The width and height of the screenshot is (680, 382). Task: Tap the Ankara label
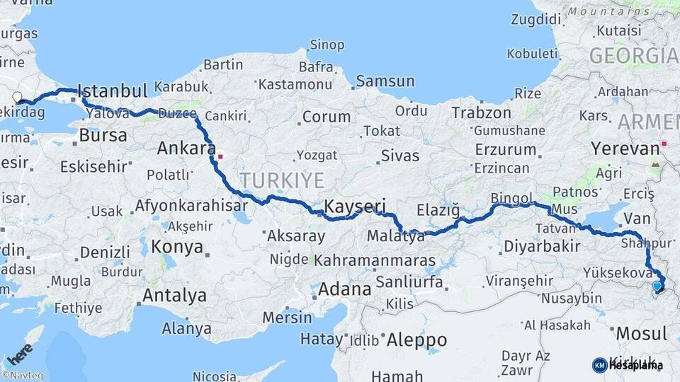pos(186,149)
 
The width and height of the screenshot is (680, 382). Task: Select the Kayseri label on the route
pos(355,207)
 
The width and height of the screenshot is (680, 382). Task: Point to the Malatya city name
pos(396,236)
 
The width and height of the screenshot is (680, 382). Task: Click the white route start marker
pos(17,98)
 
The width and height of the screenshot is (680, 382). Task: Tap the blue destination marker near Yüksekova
pos(658,286)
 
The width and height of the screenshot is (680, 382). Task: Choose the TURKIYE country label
pos(281,179)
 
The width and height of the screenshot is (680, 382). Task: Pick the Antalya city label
pos(174,295)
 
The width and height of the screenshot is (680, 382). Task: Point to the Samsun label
pos(385,81)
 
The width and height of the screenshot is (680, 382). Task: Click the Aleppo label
pos(417,340)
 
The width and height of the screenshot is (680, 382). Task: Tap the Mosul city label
pos(642,333)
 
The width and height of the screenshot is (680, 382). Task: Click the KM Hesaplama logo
pos(628,365)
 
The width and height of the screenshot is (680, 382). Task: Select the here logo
pos(19,353)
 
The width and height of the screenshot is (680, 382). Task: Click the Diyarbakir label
pos(542,246)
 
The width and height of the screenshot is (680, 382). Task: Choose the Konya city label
pos(178,248)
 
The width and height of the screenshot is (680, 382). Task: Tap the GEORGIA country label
pos(633,55)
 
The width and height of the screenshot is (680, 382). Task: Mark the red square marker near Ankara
pos(220,156)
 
